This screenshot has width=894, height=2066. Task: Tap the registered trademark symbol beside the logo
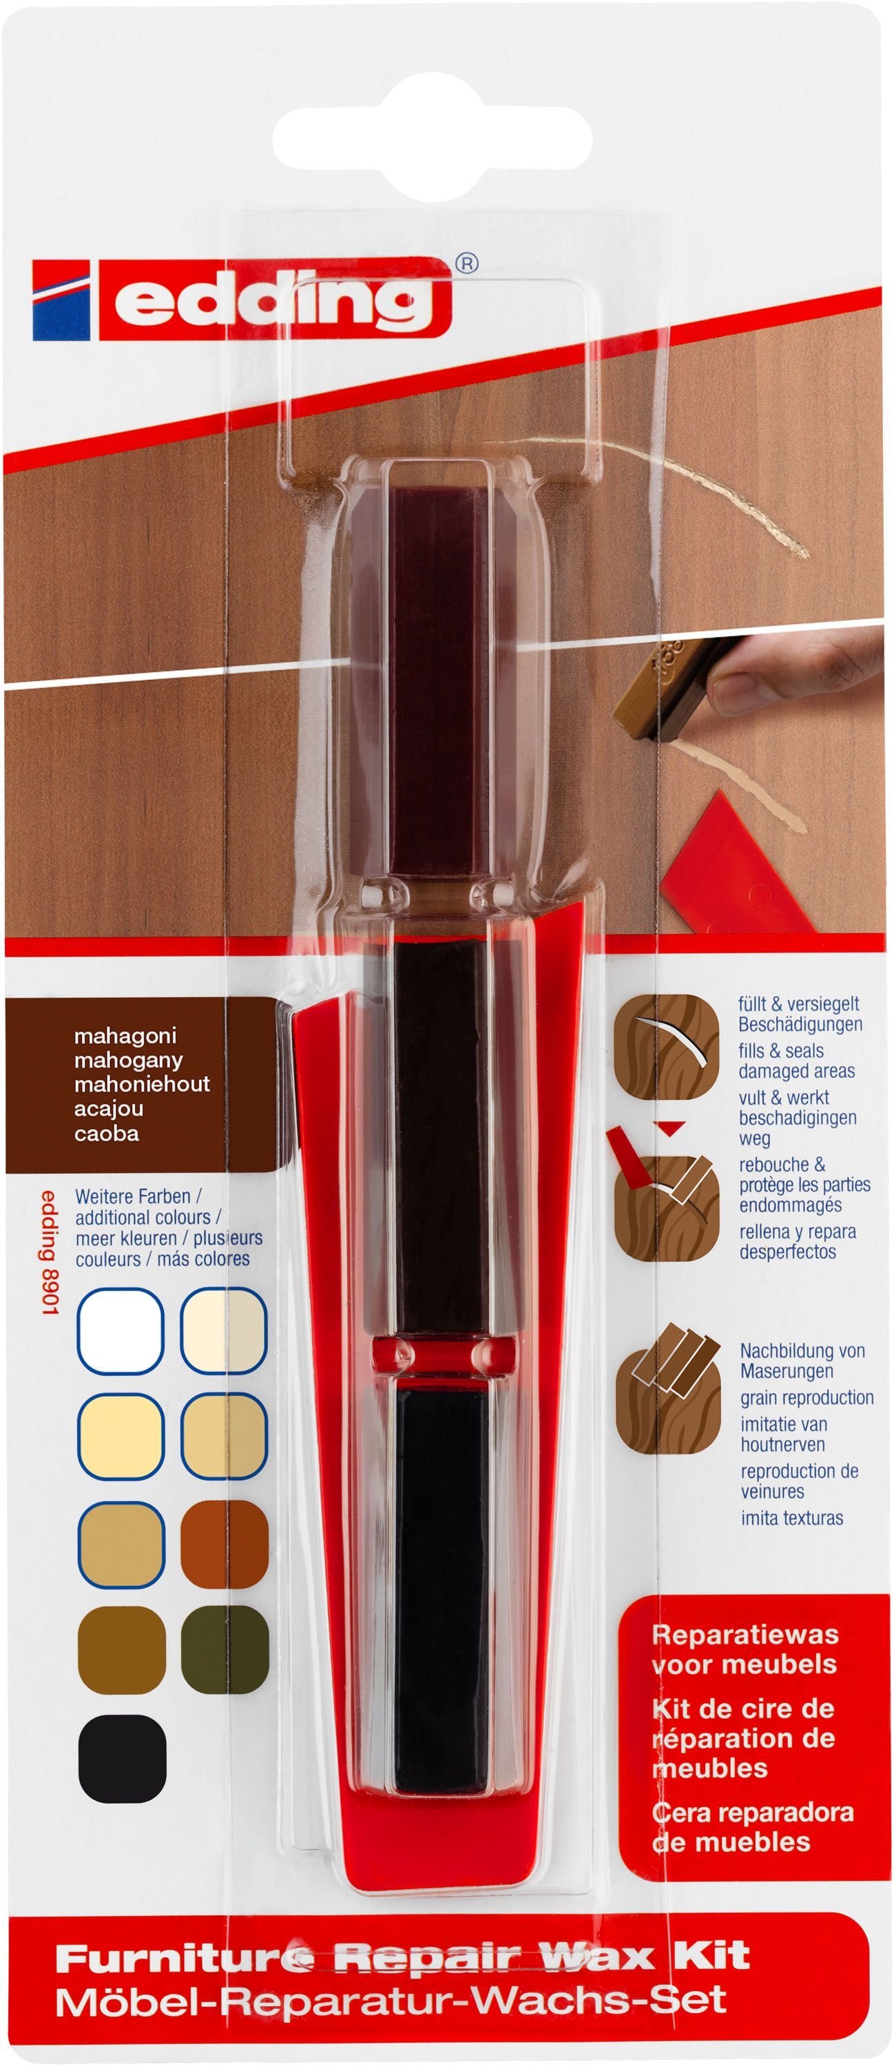[467, 263]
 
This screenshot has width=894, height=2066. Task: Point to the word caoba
[106, 1134]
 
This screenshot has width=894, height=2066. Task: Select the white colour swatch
[121, 1331]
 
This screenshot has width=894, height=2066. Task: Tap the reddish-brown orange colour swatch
[225, 1543]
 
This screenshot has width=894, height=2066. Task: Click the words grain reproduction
[807, 1398]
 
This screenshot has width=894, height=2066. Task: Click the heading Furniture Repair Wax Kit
[402, 1956]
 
